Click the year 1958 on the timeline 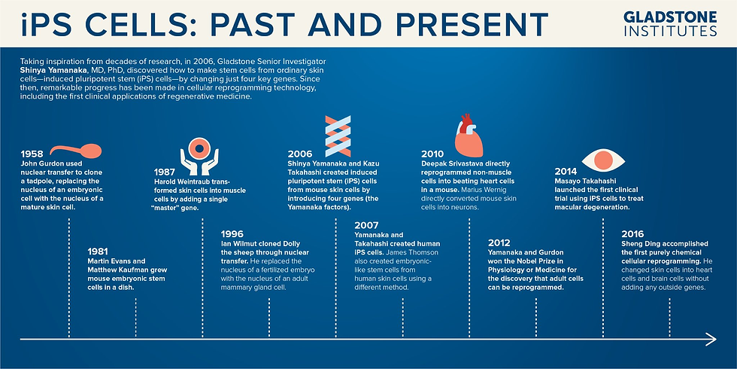click(x=32, y=154)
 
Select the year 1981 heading click(x=99, y=252)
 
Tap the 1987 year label click(x=165, y=172)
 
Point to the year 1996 click(x=232, y=234)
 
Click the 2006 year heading click(x=299, y=154)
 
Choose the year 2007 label click(x=366, y=225)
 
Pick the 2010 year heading click(x=432, y=154)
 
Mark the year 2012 click(x=499, y=242)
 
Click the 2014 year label click(x=566, y=172)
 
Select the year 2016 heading click(x=632, y=234)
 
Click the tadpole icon click(x=76, y=151)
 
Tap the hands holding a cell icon click(x=199, y=156)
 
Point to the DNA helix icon click(x=338, y=136)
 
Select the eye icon click(x=603, y=161)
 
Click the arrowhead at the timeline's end click(x=711, y=339)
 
